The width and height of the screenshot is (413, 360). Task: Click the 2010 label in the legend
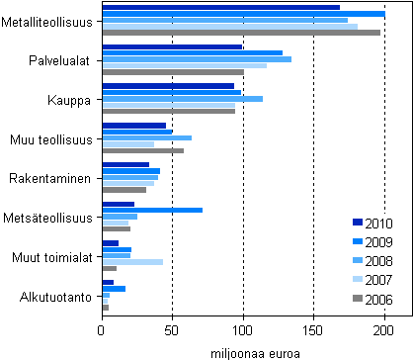click(378, 223)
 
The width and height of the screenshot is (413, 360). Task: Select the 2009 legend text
click(378, 242)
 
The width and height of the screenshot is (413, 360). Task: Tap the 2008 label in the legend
click(378, 261)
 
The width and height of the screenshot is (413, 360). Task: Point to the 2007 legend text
click(378, 281)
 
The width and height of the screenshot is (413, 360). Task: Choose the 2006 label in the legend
click(378, 300)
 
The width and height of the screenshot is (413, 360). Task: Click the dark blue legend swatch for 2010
click(357, 223)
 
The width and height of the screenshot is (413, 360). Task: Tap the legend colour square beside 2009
click(357, 242)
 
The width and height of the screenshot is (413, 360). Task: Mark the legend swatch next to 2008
click(357, 261)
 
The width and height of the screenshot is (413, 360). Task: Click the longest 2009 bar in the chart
click(243, 14)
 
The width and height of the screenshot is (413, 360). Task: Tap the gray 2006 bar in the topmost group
click(241, 33)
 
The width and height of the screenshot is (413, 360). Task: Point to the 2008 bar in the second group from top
click(197, 59)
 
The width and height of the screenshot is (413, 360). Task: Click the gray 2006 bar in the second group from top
click(173, 72)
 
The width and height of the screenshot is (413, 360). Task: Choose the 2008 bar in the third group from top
click(183, 99)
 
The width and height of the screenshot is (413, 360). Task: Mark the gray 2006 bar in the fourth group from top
click(143, 150)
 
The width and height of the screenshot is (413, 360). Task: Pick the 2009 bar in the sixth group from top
click(152, 210)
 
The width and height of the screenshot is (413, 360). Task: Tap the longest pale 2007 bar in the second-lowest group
click(132, 262)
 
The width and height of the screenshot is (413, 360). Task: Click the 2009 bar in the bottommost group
click(114, 289)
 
